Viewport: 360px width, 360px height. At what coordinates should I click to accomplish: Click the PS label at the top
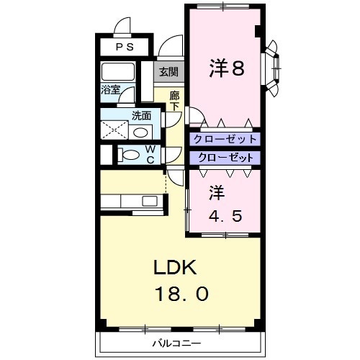pyautogui.click(x=125, y=47)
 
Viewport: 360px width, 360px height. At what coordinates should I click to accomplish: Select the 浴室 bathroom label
pyautogui.click(x=110, y=91)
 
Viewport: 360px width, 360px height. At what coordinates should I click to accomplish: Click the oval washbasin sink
pyautogui.click(x=142, y=132)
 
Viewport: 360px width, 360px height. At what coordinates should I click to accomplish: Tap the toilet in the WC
pyautogui.click(x=130, y=154)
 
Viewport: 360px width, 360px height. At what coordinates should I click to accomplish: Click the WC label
pyautogui.click(x=150, y=154)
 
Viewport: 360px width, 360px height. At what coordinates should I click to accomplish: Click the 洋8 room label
pyautogui.click(x=226, y=68)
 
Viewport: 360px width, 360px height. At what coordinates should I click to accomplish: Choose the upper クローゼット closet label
pyautogui.click(x=224, y=139)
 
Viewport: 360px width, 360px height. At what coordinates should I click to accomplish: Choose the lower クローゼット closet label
pyautogui.click(x=224, y=157)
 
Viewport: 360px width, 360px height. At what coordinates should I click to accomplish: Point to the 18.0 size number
pyautogui.click(x=181, y=294)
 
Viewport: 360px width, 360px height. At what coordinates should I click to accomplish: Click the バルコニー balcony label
pyautogui.click(x=176, y=342)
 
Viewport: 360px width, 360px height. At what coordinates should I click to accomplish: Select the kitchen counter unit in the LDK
pyautogui.click(x=132, y=201)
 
